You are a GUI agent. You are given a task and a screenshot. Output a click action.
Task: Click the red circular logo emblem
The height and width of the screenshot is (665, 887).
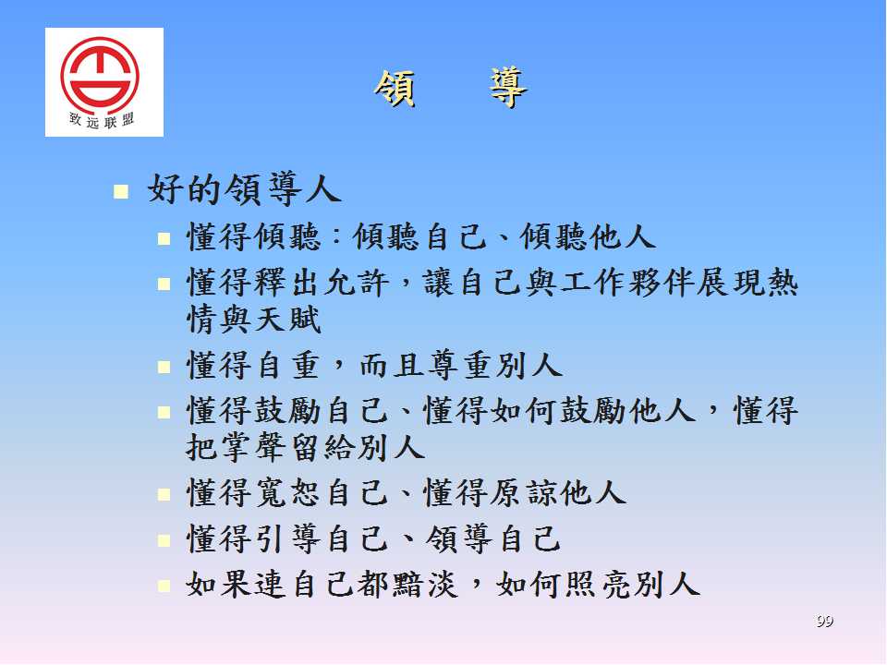100,74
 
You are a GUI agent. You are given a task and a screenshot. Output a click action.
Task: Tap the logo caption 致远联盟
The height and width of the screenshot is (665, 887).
102,120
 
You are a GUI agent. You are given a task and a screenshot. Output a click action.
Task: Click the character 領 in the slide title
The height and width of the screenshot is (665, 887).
395,89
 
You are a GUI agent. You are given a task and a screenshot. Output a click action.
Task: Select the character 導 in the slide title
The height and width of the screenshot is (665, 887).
508,89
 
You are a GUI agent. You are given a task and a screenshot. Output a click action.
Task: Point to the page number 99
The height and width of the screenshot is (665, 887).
825,621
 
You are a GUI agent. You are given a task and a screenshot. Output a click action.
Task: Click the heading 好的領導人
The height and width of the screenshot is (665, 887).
244,188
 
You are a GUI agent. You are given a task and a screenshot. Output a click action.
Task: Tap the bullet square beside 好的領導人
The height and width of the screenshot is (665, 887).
120,192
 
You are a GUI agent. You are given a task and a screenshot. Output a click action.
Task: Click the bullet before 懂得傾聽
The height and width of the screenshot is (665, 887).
164,238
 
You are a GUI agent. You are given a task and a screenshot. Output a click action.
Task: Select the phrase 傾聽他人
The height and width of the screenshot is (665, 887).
588,236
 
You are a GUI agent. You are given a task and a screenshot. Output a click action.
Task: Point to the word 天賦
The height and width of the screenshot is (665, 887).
288,320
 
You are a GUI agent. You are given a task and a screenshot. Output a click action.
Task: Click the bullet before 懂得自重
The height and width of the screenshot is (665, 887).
164,368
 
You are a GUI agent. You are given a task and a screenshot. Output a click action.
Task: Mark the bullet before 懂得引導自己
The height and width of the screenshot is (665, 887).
164,540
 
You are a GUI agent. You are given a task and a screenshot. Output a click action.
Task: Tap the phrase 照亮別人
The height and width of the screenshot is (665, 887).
632,584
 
